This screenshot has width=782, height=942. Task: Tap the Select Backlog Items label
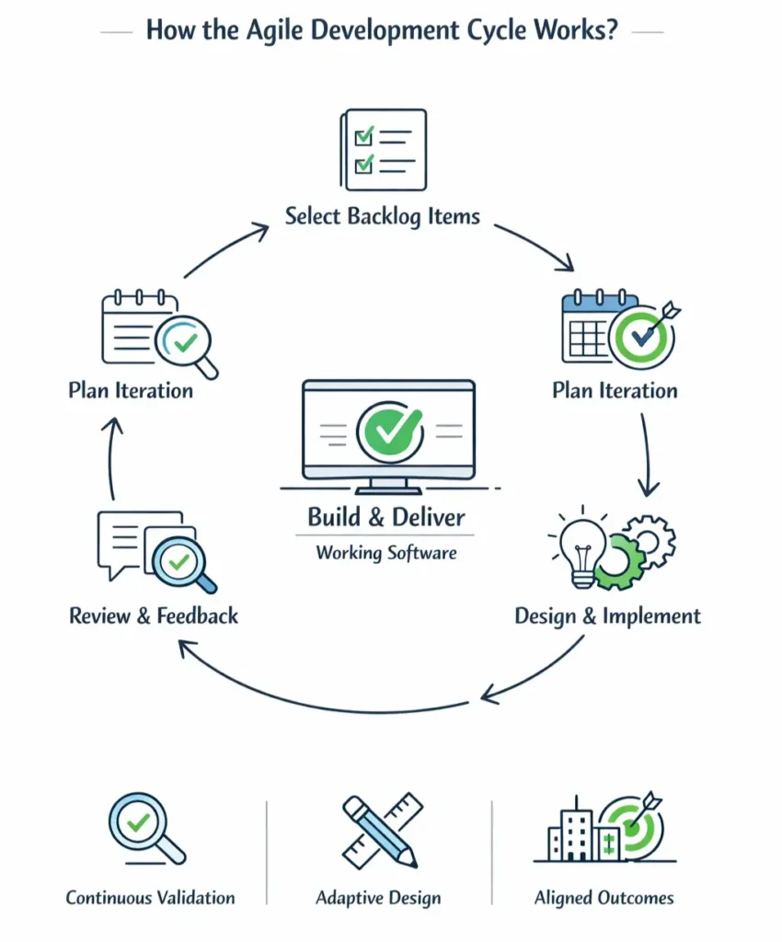coord(382,217)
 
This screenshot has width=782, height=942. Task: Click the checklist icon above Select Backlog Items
coord(383,150)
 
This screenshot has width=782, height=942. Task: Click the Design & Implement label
coord(607,615)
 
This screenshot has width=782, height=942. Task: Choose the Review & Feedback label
coord(154,615)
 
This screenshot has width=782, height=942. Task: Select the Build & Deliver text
coord(386,517)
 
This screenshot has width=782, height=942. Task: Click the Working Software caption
coord(386,553)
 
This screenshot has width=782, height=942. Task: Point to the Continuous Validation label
coord(150,898)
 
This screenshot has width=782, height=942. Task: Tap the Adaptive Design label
coord(378,898)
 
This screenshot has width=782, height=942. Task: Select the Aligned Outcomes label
coord(604,898)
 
